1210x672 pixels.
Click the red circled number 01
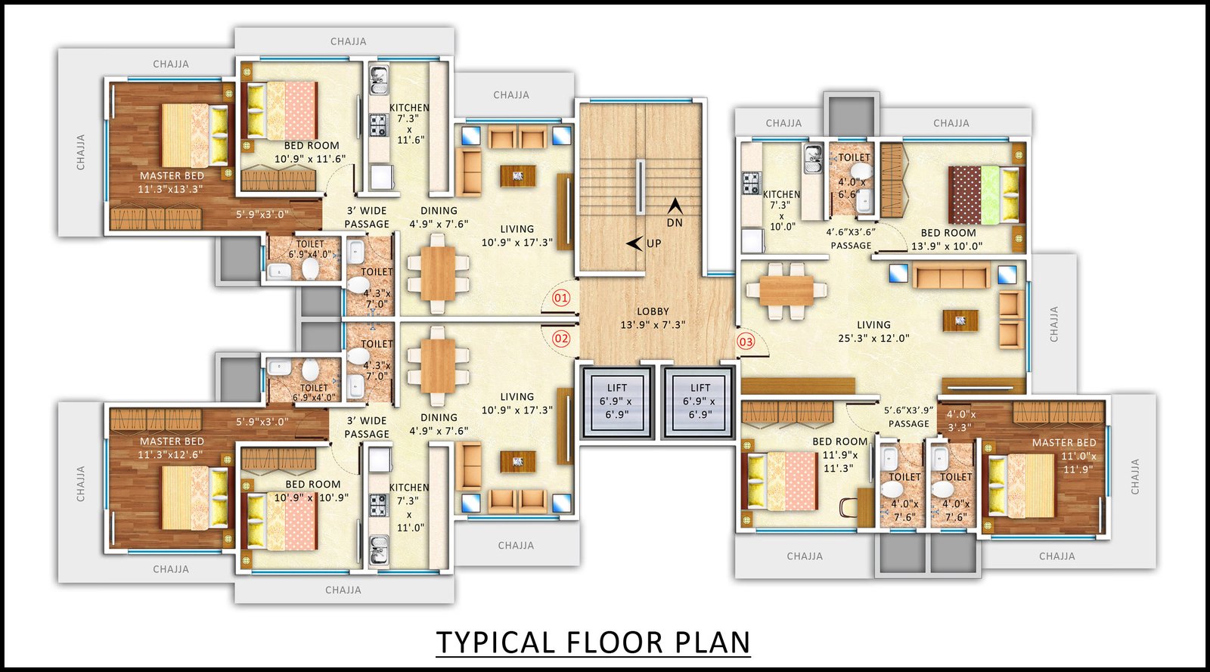click(560, 298)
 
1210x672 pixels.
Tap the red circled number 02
click(560, 339)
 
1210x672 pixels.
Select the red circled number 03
click(746, 342)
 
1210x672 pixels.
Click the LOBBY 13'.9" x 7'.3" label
click(653, 318)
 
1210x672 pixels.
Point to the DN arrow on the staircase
click(674, 206)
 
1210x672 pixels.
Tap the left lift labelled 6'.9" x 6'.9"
click(617, 401)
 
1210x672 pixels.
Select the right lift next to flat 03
click(699, 401)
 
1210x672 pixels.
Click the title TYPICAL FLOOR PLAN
click(593, 643)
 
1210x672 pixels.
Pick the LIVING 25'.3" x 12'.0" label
click(873, 331)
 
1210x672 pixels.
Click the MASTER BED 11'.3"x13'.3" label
click(171, 182)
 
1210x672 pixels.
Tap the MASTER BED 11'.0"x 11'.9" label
click(1063, 456)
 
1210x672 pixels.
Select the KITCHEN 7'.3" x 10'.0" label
click(782, 210)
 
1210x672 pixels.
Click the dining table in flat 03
click(786, 291)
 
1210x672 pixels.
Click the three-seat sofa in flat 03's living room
click(951, 276)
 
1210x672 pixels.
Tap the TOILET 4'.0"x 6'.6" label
click(853, 175)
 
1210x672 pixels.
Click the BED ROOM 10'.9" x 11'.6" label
click(311, 152)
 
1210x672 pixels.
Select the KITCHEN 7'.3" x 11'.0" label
click(409, 507)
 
